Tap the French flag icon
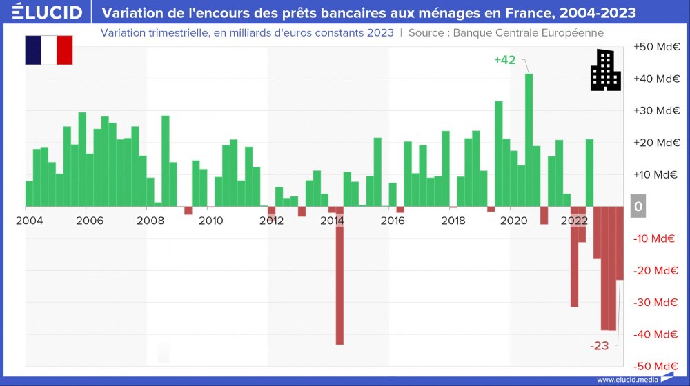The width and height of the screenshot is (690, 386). [x=48, y=50]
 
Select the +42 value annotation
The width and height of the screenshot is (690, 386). [x=504, y=60]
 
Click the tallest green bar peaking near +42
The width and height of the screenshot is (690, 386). [x=529, y=138]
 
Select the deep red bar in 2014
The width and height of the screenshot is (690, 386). [x=339, y=276]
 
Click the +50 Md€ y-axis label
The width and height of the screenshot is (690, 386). [x=657, y=46]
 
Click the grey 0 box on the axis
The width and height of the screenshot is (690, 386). [x=638, y=207]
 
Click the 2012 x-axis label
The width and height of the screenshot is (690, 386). [x=271, y=221]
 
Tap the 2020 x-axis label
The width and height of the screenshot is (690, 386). [x=513, y=221]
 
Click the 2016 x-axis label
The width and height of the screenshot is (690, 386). [x=393, y=221]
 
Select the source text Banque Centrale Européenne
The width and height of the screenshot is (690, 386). [x=528, y=32]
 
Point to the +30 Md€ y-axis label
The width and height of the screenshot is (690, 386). [x=657, y=110]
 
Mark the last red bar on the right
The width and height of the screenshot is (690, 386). [x=620, y=243]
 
